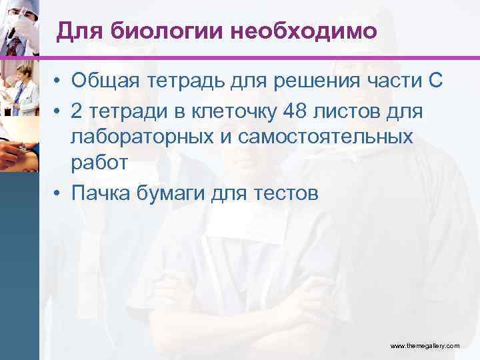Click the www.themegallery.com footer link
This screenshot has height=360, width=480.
click(x=425, y=346)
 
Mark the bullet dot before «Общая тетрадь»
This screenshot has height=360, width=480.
click(x=59, y=82)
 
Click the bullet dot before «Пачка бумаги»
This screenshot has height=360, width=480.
click(x=59, y=193)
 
